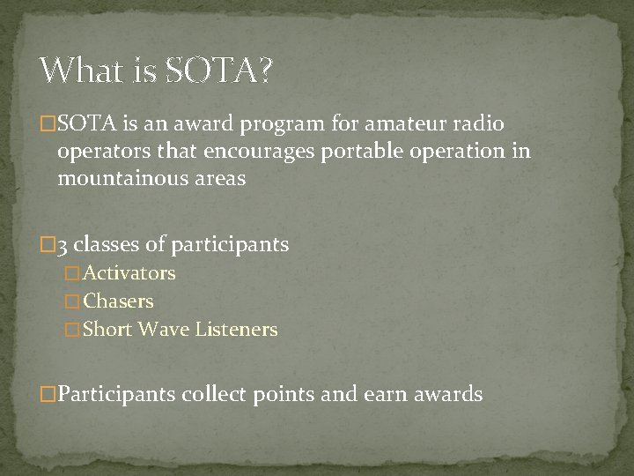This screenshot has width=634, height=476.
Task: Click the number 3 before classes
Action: click(63, 244)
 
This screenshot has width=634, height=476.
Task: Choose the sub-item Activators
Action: click(129, 273)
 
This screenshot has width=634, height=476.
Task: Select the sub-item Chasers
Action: click(118, 301)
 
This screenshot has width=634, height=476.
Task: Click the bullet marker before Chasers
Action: click(72, 301)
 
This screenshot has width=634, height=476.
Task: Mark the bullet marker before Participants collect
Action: click(48, 394)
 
